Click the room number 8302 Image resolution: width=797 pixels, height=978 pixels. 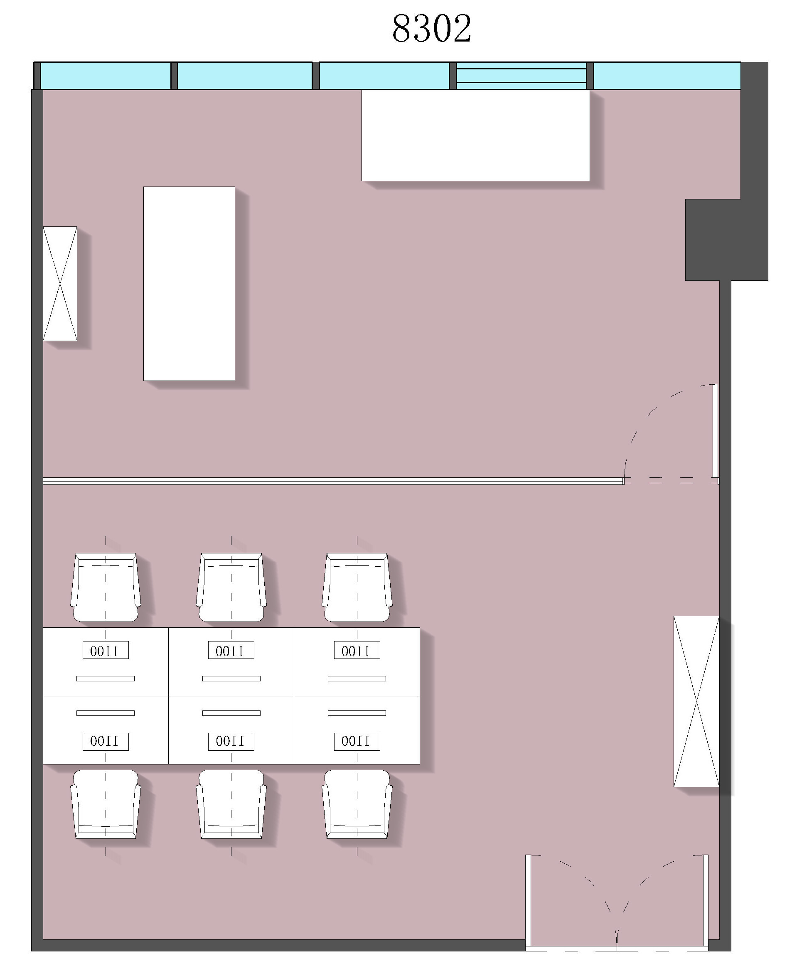(432, 28)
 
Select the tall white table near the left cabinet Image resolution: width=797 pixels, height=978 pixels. (189, 284)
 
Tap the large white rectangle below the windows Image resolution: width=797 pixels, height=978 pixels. (476, 135)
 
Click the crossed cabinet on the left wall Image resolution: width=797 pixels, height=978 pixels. (60, 284)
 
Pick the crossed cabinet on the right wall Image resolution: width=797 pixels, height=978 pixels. (696, 702)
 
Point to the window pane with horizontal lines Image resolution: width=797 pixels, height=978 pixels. (521, 76)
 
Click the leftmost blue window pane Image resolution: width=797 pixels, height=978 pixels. (106, 76)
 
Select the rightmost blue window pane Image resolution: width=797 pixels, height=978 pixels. (667, 76)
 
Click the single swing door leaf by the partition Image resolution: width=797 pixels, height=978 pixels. (715, 431)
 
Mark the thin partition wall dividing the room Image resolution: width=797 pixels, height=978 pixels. (333, 481)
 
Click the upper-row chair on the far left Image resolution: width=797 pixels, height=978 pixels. (106, 587)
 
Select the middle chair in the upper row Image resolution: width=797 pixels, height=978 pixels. (231, 587)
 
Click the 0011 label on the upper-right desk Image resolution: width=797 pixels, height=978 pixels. (357, 650)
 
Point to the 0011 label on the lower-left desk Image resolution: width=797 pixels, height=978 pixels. (106, 741)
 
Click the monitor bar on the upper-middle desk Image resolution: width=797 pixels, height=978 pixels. (231, 679)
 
